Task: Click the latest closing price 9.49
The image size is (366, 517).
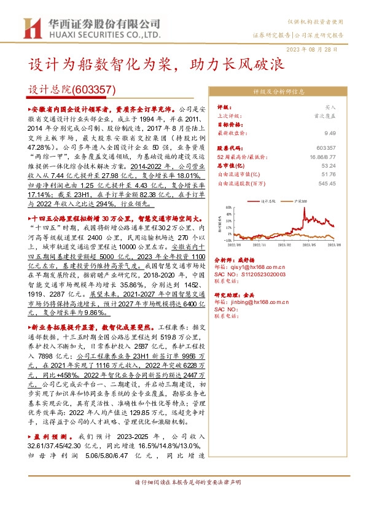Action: click(x=331, y=132)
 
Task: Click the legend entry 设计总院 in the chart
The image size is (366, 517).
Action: click(x=270, y=200)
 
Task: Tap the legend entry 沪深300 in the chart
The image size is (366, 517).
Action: click(x=302, y=200)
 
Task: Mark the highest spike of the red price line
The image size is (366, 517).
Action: click(x=305, y=209)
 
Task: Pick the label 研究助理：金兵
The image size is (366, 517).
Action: click(x=233, y=295)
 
